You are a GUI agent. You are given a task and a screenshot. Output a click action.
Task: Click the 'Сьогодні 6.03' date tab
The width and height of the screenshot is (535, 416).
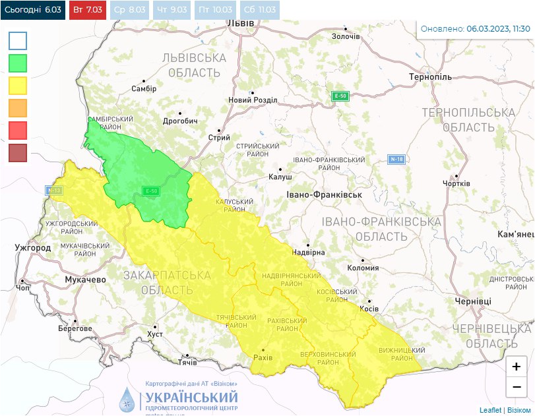pos(33,10)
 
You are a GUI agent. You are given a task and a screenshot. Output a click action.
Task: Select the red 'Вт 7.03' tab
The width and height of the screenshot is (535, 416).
pos(87,10)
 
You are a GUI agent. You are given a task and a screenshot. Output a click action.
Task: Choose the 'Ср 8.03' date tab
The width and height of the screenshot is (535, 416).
pos(129,10)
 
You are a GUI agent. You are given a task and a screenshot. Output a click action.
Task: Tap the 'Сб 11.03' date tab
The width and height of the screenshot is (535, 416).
pos(260,10)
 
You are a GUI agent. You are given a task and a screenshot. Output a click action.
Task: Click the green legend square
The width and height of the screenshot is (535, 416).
pos(18,63)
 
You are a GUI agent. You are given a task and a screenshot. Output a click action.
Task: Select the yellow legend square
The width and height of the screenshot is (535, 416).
pos(18,86)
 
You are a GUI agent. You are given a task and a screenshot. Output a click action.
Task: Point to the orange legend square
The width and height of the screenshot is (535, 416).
pos(18,108)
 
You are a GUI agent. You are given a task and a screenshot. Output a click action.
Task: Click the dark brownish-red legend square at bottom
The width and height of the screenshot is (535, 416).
pos(18,153)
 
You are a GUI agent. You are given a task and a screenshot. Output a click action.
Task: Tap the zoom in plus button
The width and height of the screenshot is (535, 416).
pos(516,366)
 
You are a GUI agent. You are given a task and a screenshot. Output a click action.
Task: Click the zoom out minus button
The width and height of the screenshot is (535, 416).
pos(516,386)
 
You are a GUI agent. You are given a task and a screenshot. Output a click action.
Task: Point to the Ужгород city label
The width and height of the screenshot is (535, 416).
pos(32,248)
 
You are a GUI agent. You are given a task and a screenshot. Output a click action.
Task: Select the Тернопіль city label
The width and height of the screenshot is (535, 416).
pos(430,77)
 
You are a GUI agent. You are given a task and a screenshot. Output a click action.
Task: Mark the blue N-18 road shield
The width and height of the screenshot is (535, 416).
pos(396,160)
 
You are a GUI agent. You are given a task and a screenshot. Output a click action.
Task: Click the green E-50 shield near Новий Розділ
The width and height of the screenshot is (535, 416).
pos(340,96)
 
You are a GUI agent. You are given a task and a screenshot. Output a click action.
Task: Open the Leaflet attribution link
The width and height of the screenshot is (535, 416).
pos(490,410)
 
